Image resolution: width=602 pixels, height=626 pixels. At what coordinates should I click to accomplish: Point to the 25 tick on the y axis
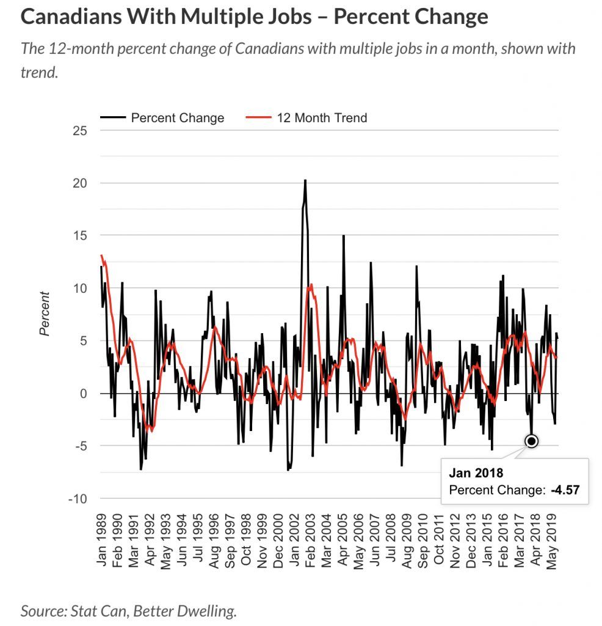tap(80, 131)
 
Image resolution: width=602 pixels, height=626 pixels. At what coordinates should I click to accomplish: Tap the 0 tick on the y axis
tap(84, 394)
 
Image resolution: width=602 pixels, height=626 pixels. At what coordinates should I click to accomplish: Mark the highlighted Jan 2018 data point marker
tap(531, 441)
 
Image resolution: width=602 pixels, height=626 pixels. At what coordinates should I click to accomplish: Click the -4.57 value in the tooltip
tap(564, 490)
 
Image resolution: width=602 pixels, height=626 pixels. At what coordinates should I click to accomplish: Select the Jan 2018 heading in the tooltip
tap(476, 473)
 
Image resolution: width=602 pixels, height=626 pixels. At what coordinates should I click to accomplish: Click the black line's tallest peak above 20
tap(305, 180)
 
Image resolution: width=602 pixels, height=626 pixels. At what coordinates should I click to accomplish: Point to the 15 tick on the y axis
tap(80, 237)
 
